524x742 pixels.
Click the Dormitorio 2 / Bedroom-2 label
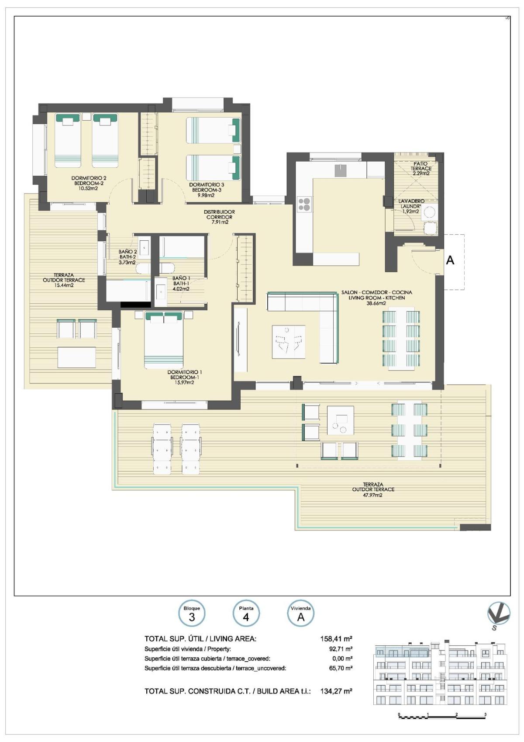coord(89,181)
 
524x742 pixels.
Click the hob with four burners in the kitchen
coord(305,204)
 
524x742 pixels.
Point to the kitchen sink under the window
coord(341,170)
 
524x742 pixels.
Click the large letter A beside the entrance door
coord(450,260)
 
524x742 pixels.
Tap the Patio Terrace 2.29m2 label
coord(421,168)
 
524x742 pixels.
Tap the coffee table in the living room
coord(288,342)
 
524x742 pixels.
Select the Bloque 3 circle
coord(192,614)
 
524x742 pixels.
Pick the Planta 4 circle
coord(246,614)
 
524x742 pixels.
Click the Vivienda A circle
coord(300,614)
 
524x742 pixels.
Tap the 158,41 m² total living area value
coord(336,639)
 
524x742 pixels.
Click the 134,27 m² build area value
coord(336,691)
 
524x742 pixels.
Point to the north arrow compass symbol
coord(499,614)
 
